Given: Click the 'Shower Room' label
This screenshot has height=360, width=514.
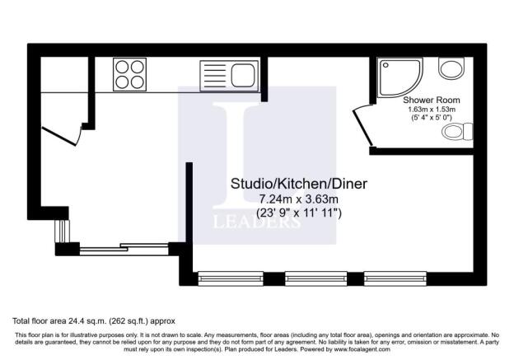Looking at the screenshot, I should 431,100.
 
